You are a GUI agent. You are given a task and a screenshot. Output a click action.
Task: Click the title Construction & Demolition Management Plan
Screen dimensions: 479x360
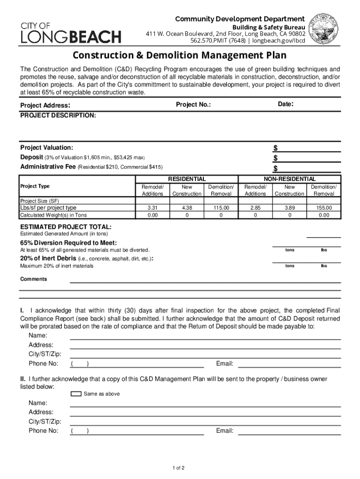click(180, 56)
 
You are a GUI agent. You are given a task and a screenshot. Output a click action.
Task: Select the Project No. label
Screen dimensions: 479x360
click(193, 105)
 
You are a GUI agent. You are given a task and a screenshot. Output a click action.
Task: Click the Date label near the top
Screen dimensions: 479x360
click(285, 104)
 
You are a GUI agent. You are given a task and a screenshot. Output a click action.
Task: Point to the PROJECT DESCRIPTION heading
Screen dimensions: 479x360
click(58, 115)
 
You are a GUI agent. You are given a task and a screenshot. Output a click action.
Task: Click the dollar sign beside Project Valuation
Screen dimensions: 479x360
click(275, 148)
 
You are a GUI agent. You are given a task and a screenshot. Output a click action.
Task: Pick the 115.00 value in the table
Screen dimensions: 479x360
click(221, 208)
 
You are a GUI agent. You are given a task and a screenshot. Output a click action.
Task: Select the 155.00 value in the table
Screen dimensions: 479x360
click(324, 208)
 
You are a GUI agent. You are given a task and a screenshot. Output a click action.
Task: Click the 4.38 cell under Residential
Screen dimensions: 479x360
click(187, 208)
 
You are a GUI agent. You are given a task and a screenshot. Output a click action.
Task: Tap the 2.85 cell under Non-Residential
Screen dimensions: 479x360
click(255, 208)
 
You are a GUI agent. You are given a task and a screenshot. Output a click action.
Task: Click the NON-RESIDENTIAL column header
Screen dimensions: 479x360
click(289, 179)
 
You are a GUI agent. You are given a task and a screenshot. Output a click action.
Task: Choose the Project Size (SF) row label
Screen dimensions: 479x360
click(39, 201)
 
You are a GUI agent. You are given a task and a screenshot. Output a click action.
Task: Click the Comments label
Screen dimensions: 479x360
click(33, 279)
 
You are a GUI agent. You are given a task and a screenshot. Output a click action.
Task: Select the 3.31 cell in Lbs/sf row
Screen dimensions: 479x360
click(152, 208)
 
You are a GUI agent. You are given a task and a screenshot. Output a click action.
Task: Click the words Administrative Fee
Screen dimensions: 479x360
click(48, 167)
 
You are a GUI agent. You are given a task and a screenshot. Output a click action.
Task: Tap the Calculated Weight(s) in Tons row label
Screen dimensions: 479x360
click(53, 215)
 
